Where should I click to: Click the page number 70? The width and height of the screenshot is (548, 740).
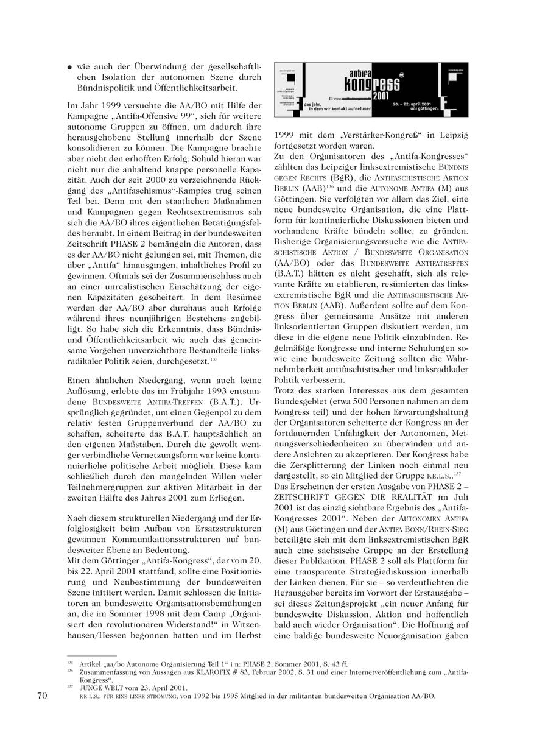[x=42, y=695]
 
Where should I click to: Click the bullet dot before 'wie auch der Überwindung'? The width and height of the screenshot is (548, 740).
[x=70, y=67]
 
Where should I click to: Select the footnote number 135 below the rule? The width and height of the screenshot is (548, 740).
[x=70, y=664]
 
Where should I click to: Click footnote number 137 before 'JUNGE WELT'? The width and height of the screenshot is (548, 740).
[x=70, y=686]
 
